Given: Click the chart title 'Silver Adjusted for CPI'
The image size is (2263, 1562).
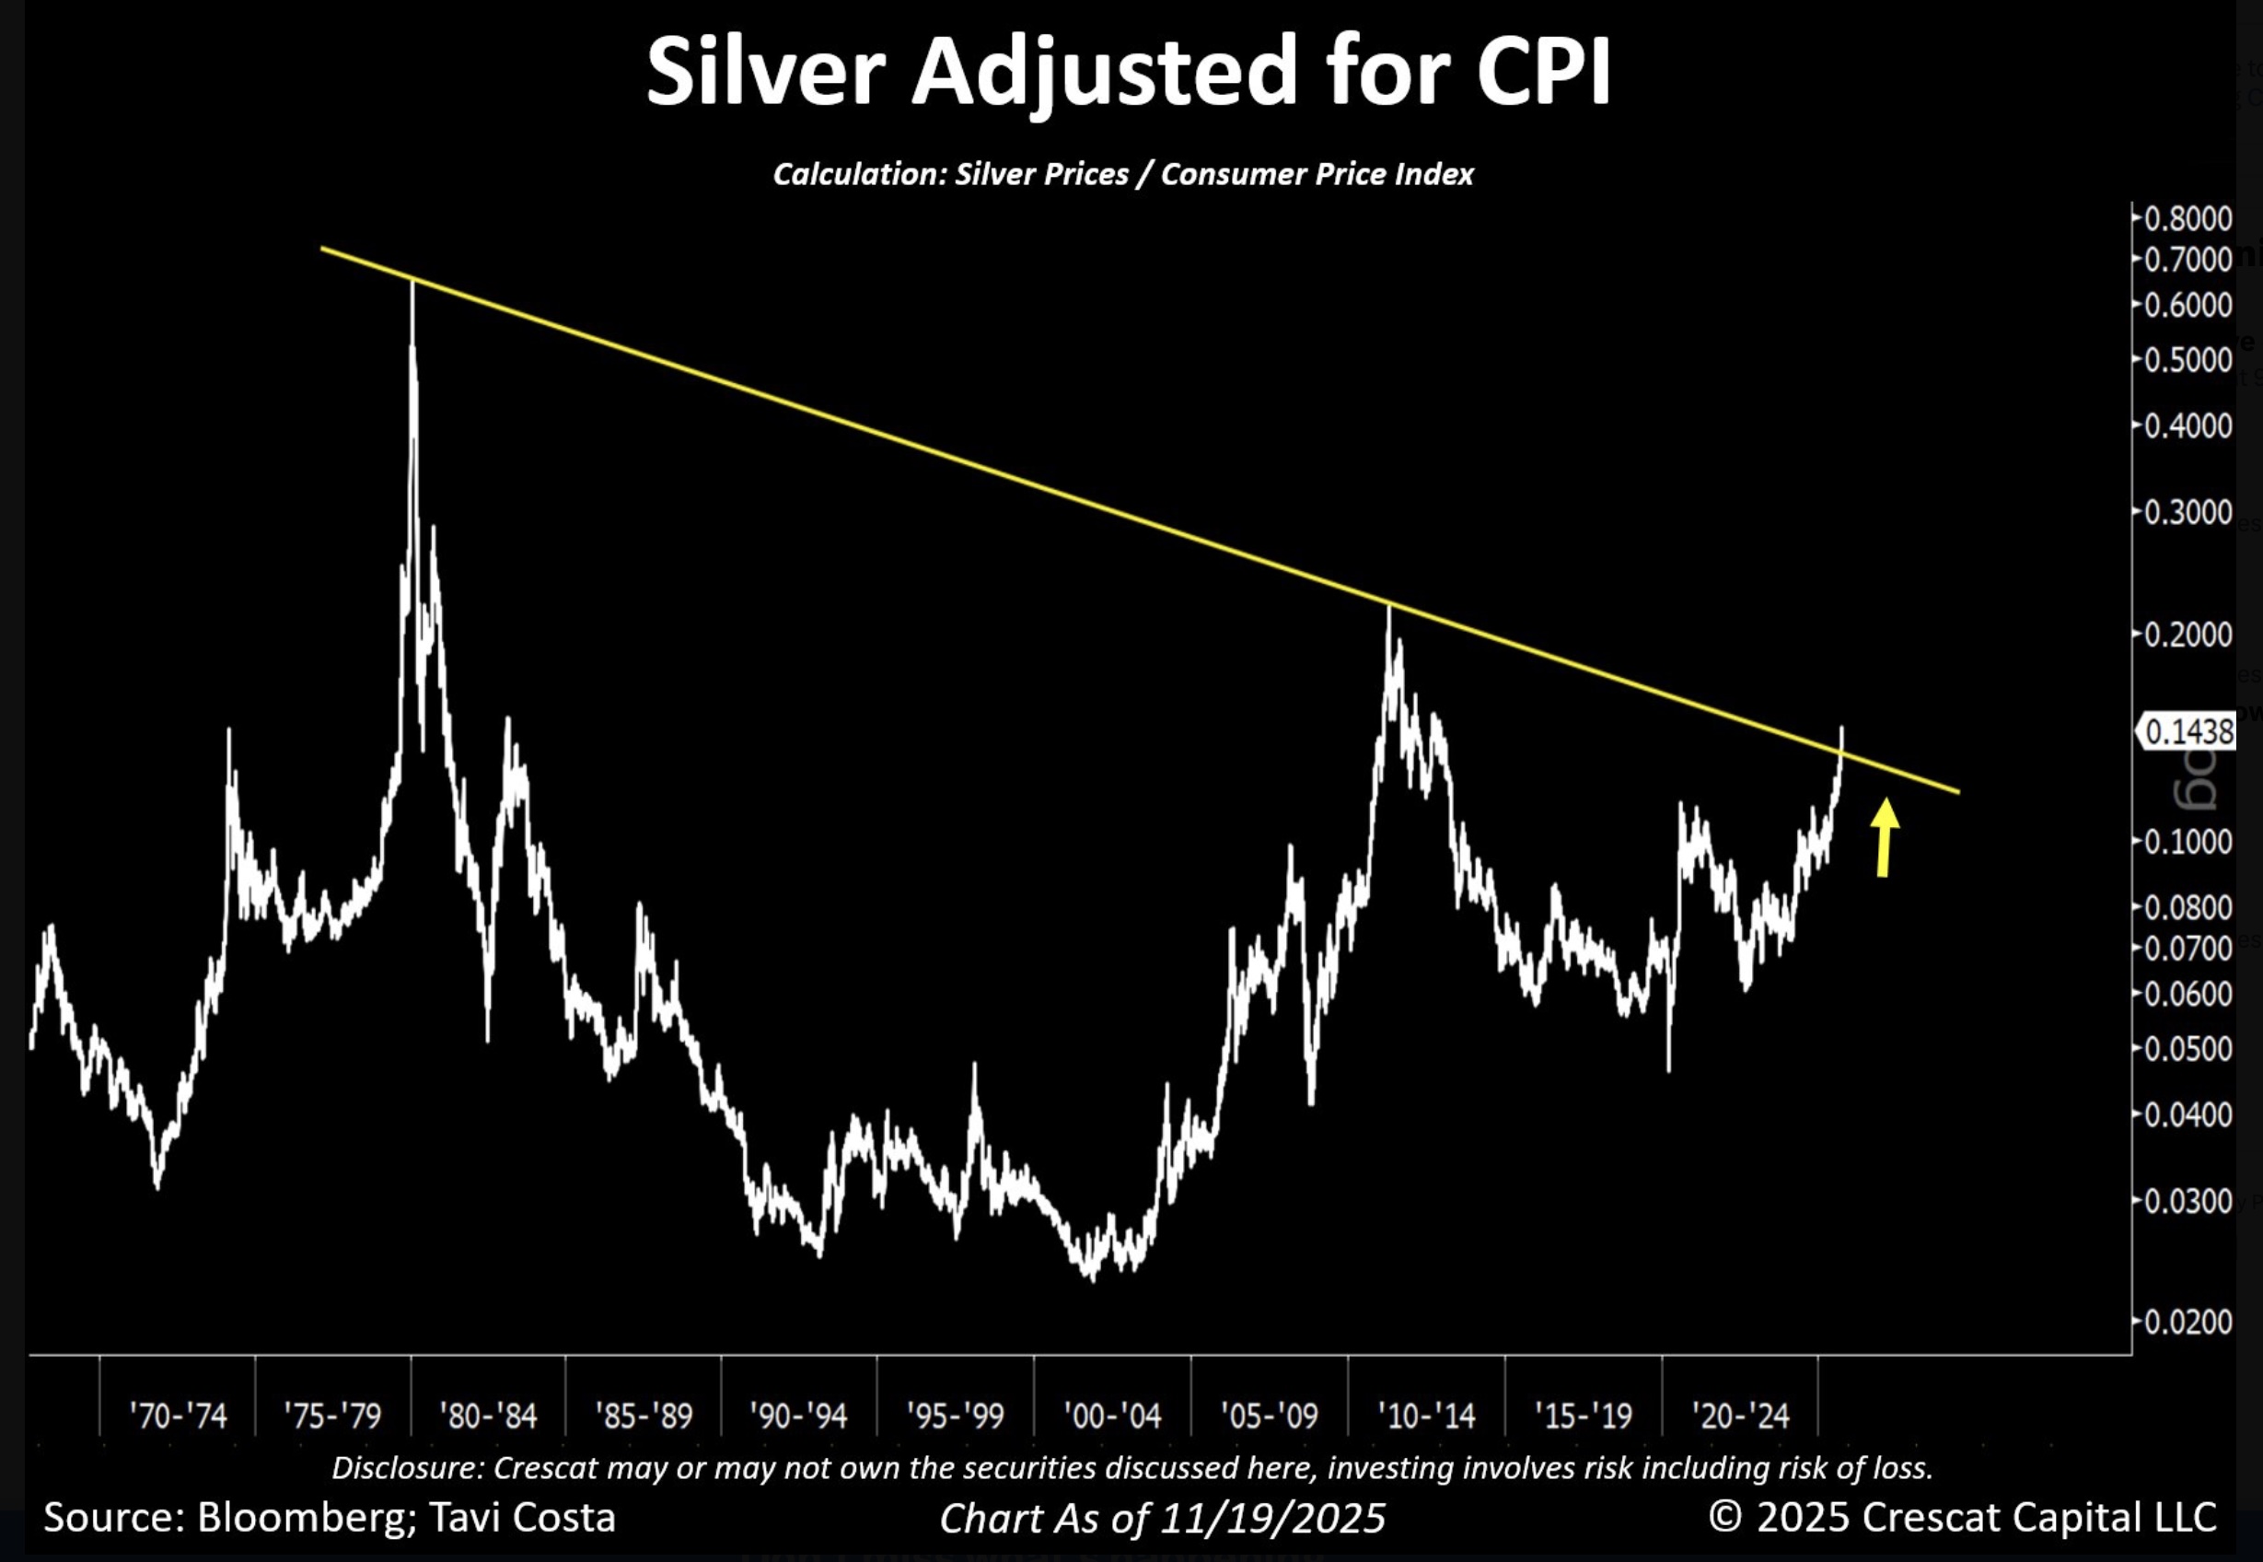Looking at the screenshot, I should pyautogui.click(x=1127, y=73).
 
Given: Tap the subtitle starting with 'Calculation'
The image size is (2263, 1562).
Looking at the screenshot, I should pyautogui.click(x=1123, y=174).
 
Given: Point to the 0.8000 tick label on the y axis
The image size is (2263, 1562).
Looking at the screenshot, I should pyautogui.click(x=2188, y=218).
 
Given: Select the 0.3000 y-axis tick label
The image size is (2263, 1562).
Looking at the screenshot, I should pyautogui.click(x=2188, y=512).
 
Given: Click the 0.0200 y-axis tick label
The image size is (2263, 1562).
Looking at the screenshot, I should pyautogui.click(x=2188, y=1323).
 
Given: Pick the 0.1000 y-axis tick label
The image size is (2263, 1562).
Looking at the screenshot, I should pyautogui.click(x=2188, y=842).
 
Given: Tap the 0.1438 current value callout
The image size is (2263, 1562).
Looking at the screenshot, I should pyautogui.click(x=2188, y=732).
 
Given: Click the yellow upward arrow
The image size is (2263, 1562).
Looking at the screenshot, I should pyautogui.click(x=1884, y=837).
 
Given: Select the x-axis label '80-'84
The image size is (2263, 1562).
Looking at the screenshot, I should pyautogui.click(x=488, y=1416).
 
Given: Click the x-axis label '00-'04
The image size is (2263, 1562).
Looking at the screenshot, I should pyautogui.click(x=1112, y=1416).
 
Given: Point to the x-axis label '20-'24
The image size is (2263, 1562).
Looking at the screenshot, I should pyautogui.click(x=1741, y=1416).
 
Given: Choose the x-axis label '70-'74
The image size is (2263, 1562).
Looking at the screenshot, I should pyautogui.click(x=177, y=1416).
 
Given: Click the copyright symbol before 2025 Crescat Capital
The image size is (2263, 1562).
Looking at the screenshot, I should pyautogui.click(x=1725, y=1517).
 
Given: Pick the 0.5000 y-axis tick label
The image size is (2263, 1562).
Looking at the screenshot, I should pyautogui.click(x=2188, y=360).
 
